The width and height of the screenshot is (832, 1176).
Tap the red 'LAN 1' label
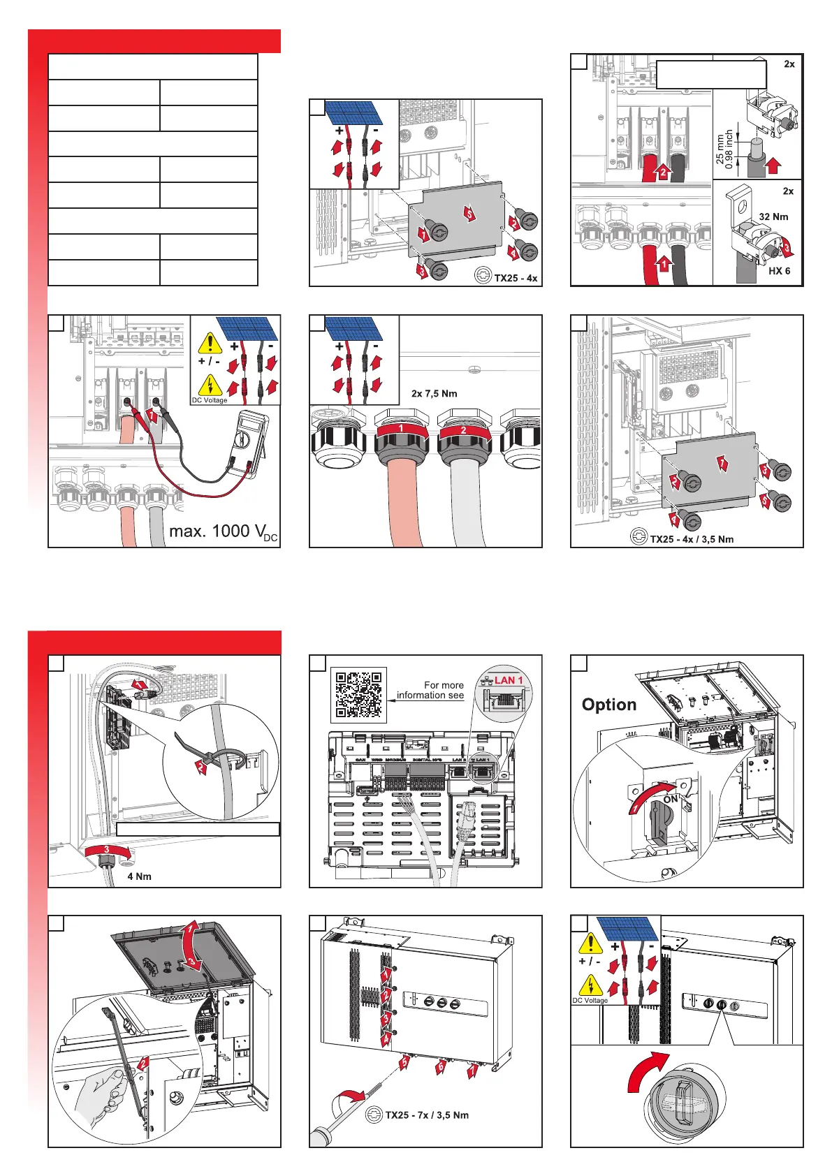(x=509, y=680)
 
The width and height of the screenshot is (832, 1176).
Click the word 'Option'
(x=609, y=705)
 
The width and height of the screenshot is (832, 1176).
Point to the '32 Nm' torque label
(x=773, y=216)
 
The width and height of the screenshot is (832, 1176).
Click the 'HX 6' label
(x=779, y=271)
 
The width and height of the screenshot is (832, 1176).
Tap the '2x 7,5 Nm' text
(x=434, y=393)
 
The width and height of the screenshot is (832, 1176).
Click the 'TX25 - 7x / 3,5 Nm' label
(x=427, y=1115)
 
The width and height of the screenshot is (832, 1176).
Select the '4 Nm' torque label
(x=139, y=876)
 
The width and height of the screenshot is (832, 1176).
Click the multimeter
(x=248, y=443)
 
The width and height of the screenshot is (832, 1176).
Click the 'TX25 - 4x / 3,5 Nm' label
(x=692, y=539)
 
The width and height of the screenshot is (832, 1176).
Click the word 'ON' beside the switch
(x=671, y=799)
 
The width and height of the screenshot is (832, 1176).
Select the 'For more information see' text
(x=430, y=690)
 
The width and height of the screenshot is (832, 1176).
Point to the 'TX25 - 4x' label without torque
(x=516, y=278)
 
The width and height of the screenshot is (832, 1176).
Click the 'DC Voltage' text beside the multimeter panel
(x=210, y=400)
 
